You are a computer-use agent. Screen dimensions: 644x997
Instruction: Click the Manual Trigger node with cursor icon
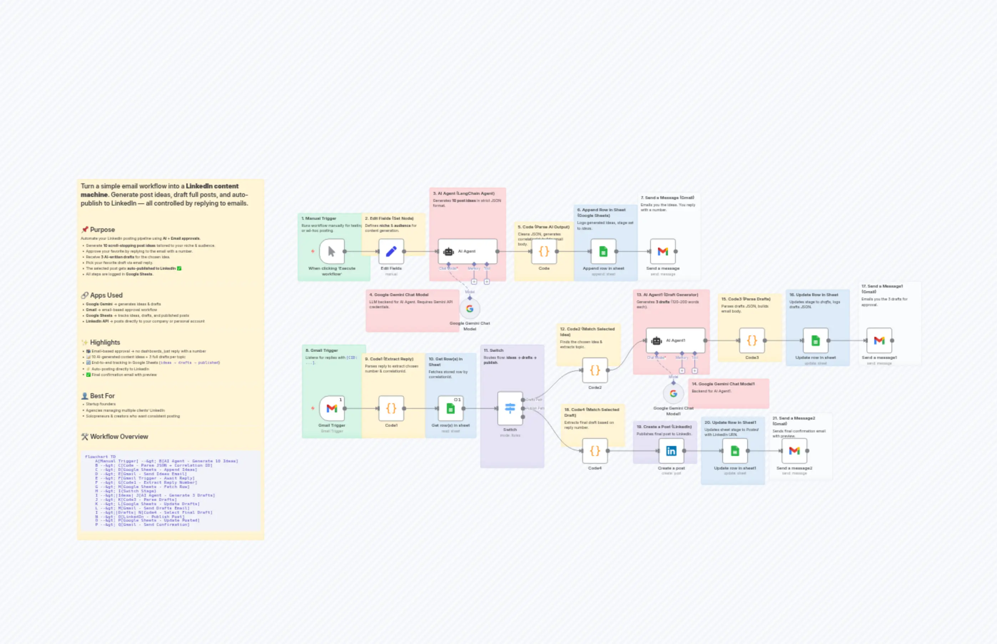click(332, 251)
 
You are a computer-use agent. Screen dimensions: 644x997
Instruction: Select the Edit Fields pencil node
click(391, 251)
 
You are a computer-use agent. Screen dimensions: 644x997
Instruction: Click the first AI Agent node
click(467, 251)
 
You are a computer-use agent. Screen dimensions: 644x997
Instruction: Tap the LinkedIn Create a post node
click(671, 451)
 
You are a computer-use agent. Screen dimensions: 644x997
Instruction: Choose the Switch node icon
click(510, 408)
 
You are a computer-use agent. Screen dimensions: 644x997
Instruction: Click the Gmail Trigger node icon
click(332, 408)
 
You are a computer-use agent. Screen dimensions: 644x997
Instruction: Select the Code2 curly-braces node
click(595, 370)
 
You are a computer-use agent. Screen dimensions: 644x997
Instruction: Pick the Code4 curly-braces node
click(595, 451)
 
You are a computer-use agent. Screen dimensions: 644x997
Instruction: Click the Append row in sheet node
click(603, 251)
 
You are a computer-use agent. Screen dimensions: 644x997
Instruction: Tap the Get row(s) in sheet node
click(450, 408)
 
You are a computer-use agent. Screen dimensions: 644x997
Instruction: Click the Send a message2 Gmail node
click(794, 451)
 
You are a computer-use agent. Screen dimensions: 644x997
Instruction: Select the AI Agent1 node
click(675, 340)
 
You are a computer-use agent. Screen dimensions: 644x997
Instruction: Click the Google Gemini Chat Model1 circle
click(673, 394)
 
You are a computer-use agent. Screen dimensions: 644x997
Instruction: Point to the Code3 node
click(751, 340)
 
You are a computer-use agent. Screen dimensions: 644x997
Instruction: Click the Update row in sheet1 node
click(735, 451)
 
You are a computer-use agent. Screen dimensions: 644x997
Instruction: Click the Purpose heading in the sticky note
click(102, 229)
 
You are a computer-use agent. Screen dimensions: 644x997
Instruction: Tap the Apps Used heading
click(106, 295)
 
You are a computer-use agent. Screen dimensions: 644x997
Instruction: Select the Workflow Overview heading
click(119, 437)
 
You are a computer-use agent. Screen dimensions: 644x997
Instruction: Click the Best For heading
click(102, 396)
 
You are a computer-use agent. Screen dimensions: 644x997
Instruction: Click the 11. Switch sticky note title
click(494, 350)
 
